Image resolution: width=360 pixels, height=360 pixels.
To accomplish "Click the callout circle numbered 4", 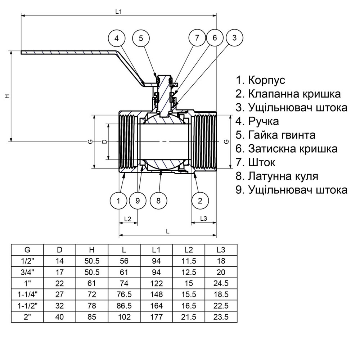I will pos(117,38).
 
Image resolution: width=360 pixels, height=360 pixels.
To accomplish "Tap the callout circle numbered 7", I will pos(197,38).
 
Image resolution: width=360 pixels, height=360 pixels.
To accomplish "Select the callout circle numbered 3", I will pos(234,38).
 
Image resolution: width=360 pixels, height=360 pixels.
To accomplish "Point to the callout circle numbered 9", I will pos(138,201).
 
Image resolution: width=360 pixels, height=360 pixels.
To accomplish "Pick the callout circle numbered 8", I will pos(158,201).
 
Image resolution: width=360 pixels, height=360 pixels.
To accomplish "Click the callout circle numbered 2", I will pos(200,201).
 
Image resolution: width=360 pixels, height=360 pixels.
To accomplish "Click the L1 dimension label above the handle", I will pos(118,12).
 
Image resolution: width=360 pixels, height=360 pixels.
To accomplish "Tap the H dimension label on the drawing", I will pos(6,96).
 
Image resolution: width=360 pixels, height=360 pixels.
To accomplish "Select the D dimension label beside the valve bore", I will pos(104,141).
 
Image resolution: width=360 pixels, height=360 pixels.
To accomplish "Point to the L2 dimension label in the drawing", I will pos(128,219).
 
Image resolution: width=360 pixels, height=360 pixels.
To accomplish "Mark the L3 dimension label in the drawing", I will pos(203,219).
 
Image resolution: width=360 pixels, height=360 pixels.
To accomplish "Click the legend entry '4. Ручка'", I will pos(257,121).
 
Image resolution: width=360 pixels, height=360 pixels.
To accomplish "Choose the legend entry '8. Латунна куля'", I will pos(277,176).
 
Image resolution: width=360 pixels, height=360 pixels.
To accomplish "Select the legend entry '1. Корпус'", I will pos(260,80).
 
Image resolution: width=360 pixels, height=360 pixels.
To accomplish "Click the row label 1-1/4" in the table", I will pos(27,294).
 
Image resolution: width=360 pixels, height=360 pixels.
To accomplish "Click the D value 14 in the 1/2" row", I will pos(59,261).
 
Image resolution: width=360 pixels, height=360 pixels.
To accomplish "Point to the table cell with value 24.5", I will pos(221,283).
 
